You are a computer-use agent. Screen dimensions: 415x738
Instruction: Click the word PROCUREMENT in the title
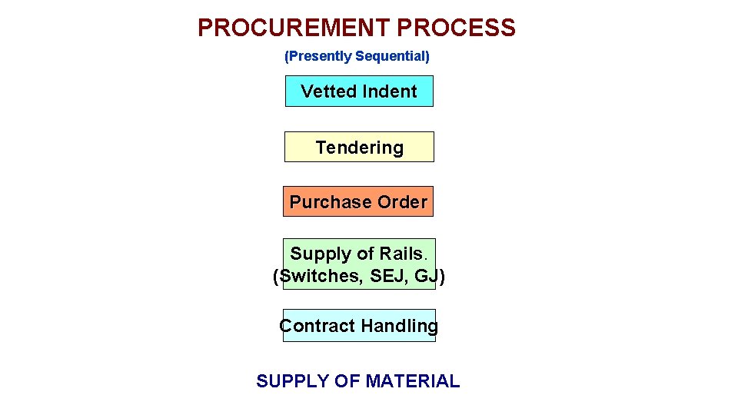point(294,28)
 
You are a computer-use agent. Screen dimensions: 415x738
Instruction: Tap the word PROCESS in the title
point(457,28)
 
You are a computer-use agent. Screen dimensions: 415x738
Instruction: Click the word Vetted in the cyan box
point(326,91)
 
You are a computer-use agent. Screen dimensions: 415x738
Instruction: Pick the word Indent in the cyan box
point(389,91)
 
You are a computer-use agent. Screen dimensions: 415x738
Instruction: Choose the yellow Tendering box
point(359,148)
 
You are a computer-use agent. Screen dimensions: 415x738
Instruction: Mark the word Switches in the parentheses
point(317,277)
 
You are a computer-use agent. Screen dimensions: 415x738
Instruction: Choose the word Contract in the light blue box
point(317,326)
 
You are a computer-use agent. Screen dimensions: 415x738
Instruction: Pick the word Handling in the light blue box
point(399,326)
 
